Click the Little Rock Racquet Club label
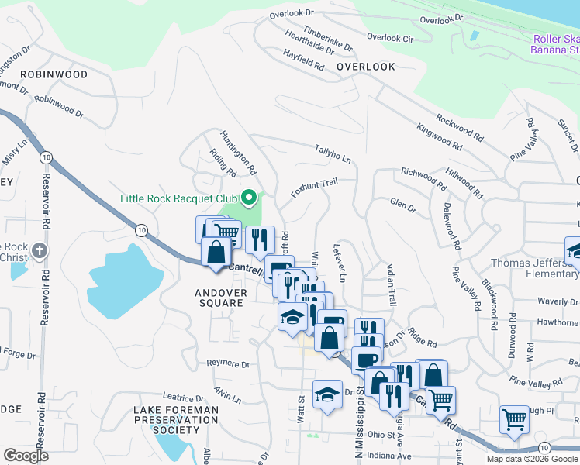(x=179, y=198)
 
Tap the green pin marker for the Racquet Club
(x=249, y=198)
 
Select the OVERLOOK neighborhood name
(x=366, y=67)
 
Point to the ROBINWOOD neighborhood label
(x=54, y=74)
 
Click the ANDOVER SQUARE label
(x=219, y=298)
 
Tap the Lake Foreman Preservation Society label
(x=177, y=419)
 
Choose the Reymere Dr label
(x=229, y=363)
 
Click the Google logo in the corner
(x=26, y=456)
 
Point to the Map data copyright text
(x=532, y=459)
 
